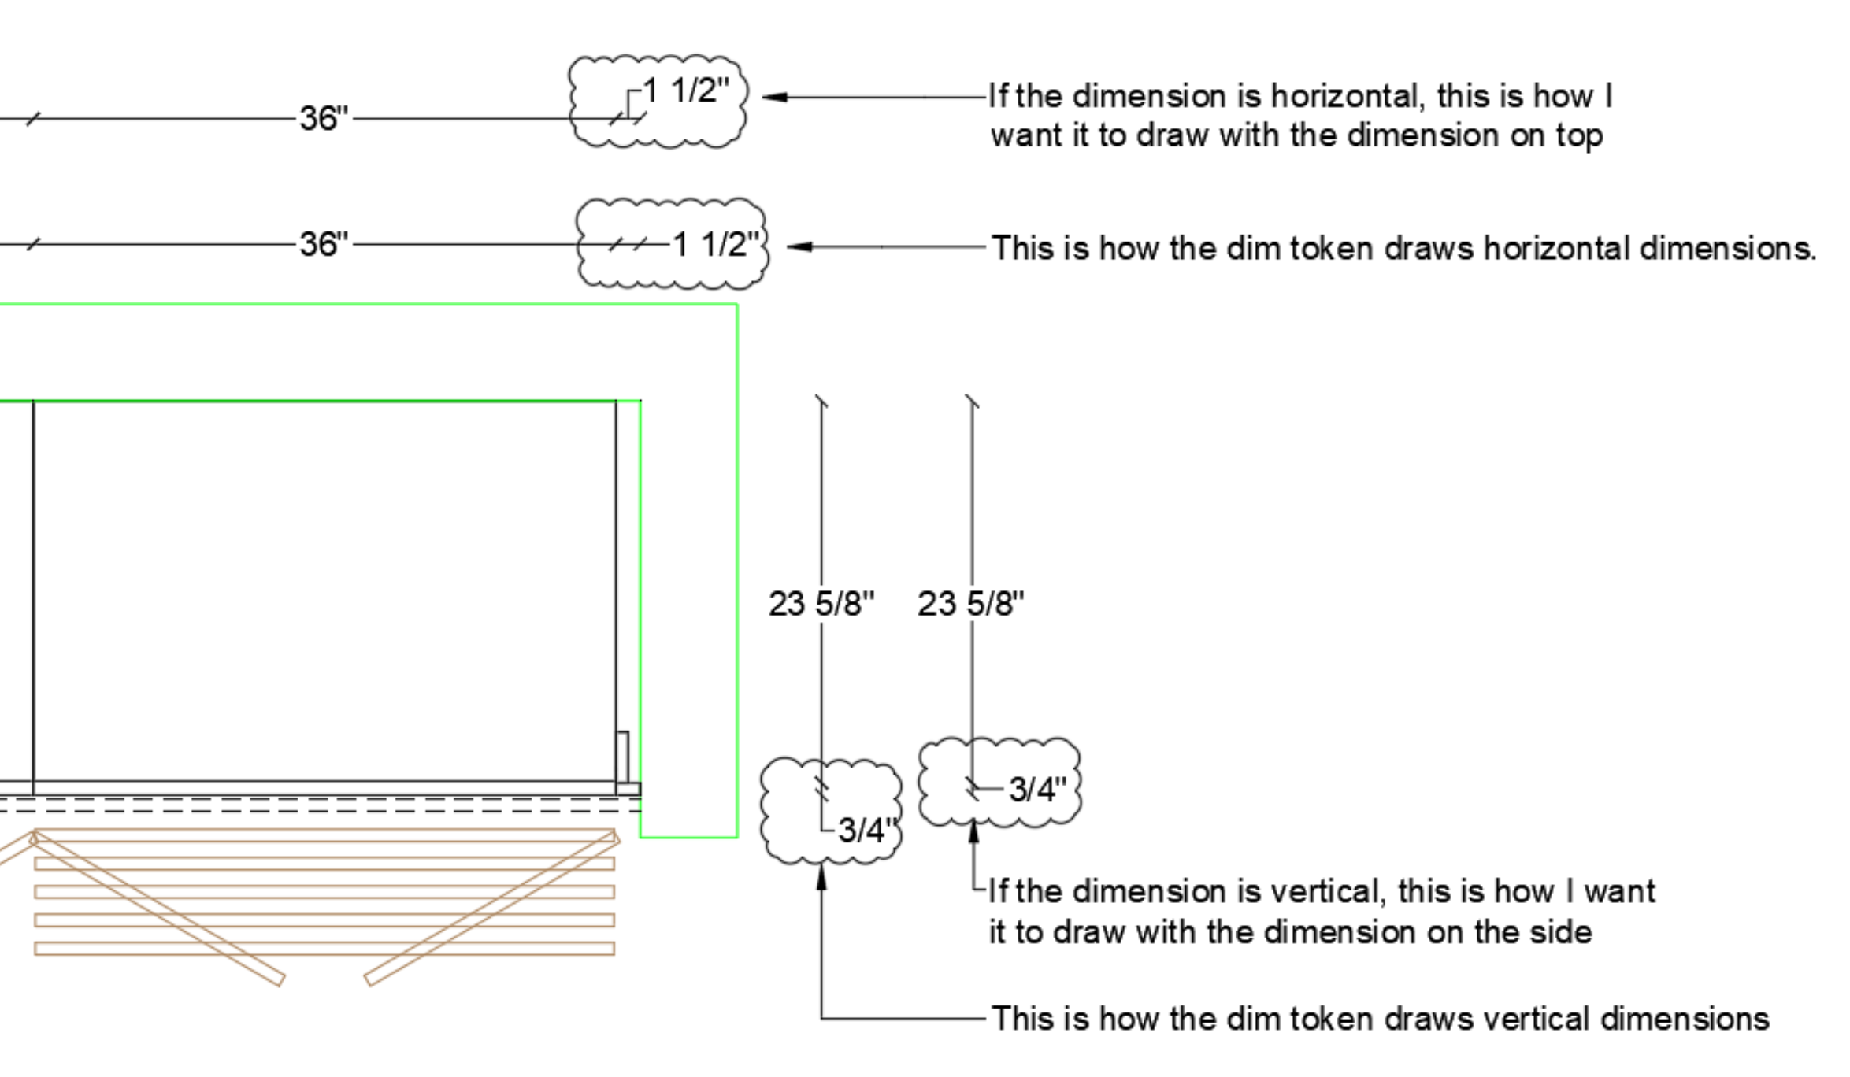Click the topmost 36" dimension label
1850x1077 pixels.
324,118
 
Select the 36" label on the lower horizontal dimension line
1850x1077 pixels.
324,244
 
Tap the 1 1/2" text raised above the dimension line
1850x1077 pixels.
686,91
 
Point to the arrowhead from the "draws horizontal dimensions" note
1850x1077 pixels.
799,247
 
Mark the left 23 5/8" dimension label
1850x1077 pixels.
821,604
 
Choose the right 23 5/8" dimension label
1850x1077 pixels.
970,604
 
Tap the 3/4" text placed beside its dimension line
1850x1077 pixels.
1037,789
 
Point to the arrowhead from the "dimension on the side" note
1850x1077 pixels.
973,829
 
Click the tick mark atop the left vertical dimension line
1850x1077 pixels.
821,402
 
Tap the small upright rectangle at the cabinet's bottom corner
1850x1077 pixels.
622,756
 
